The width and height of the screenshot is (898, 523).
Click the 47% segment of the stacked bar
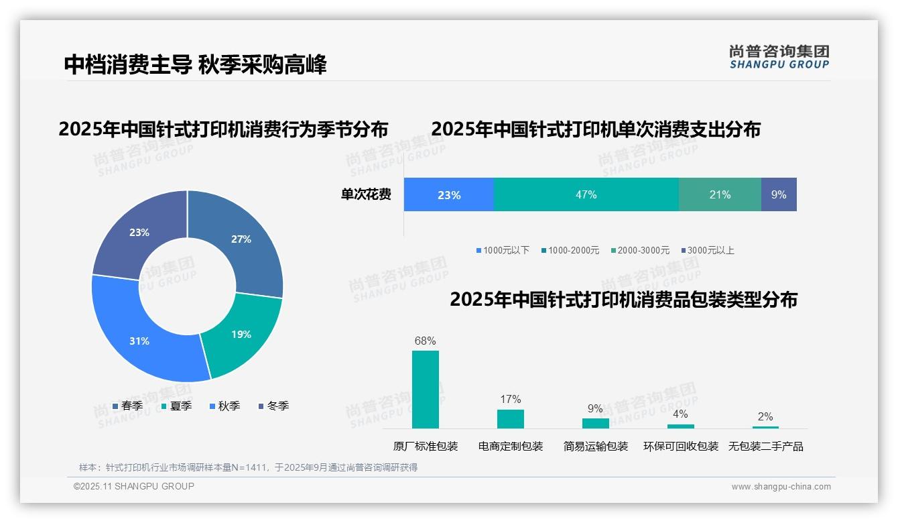click(x=586, y=194)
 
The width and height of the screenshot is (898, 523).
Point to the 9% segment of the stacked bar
click(x=779, y=194)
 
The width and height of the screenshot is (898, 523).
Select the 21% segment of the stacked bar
click(x=720, y=194)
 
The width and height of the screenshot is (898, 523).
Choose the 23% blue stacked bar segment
click(x=448, y=194)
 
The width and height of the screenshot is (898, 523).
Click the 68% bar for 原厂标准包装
click(x=425, y=389)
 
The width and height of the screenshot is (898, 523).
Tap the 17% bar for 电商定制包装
click(x=510, y=418)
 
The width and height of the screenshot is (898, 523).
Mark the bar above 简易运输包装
click(x=595, y=423)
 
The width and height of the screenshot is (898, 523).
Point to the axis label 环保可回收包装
click(x=680, y=446)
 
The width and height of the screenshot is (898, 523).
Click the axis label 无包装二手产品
click(x=765, y=446)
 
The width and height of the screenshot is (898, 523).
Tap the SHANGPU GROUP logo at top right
click(x=779, y=56)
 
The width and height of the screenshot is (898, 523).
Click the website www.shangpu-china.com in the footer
click(x=781, y=486)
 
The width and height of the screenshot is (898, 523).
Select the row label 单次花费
click(x=366, y=194)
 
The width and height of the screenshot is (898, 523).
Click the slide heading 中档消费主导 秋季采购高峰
click(x=195, y=65)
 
